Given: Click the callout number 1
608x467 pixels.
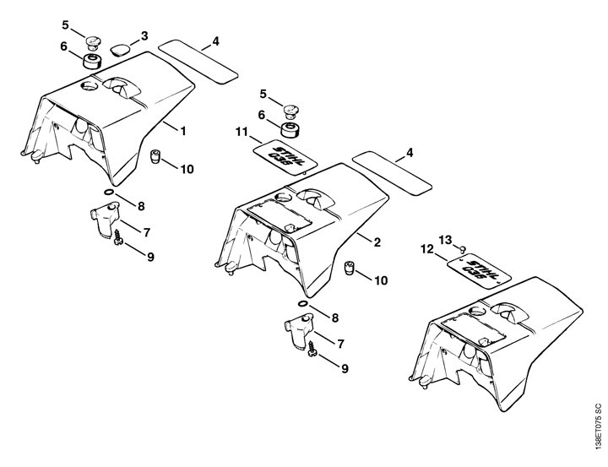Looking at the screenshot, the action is coord(183,131).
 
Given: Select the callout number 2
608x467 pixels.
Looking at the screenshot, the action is coord(377,242).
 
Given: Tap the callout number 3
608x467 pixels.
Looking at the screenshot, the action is coord(144,36).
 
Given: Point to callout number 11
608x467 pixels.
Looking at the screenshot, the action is coord(242,132).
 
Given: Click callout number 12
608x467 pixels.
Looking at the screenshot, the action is coord(427,249).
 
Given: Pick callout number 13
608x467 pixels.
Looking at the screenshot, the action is coord(446,240).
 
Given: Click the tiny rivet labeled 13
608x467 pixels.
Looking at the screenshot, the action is coord(462,248).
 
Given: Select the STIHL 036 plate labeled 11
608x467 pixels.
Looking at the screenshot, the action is coord(285,157).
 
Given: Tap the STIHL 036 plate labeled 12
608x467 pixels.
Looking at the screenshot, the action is coord(479,271).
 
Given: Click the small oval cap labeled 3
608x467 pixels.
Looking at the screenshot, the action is coord(120,50).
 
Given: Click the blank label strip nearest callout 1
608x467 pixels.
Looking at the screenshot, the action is coord(198,61).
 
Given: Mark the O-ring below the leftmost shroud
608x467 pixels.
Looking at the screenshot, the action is coord(109,193).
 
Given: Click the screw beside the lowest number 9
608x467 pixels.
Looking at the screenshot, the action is coord(312,349).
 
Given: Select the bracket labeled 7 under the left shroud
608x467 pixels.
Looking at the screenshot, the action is coord(105,220).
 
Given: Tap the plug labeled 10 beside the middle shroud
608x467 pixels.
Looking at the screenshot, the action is coord(350,268).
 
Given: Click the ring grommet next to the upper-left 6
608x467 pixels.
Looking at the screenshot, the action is coord(92,62).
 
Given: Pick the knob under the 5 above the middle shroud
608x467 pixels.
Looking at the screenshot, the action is coord(290,111).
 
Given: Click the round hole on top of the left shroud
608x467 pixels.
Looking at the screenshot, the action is coord(90,85).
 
